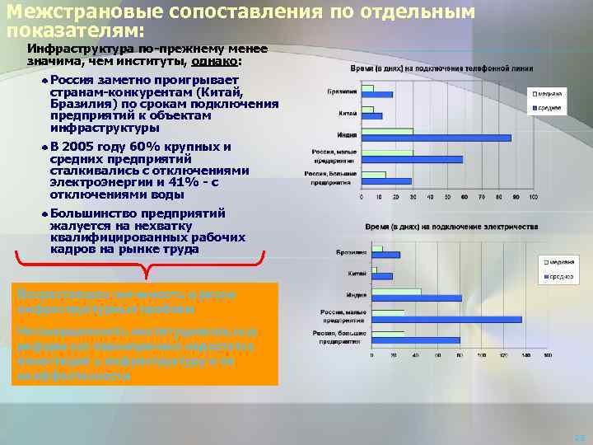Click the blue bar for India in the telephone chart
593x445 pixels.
[x=437, y=138]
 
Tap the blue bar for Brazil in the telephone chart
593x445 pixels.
[x=378, y=94]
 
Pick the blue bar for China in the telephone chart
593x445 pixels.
[x=372, y=116]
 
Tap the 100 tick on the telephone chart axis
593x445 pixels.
[x=533, y=196]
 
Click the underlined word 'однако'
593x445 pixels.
[x=216, y=60]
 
